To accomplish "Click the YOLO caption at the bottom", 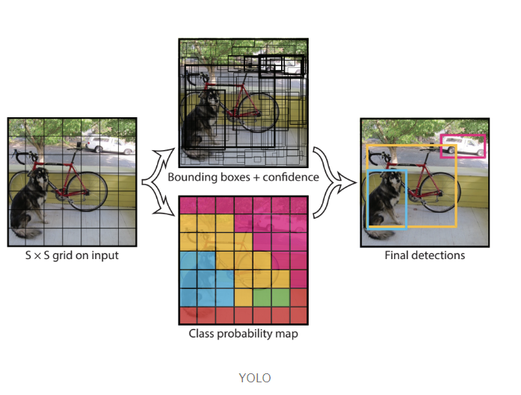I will (255, 377).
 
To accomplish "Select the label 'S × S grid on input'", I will (72, 255).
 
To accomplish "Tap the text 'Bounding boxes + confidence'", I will (243, 177).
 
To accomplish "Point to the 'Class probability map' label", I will (243, 334).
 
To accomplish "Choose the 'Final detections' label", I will (425, 255).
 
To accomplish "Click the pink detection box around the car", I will (463, 136).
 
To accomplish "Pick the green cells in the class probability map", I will (271, 298).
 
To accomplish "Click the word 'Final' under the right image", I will (398, 255).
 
